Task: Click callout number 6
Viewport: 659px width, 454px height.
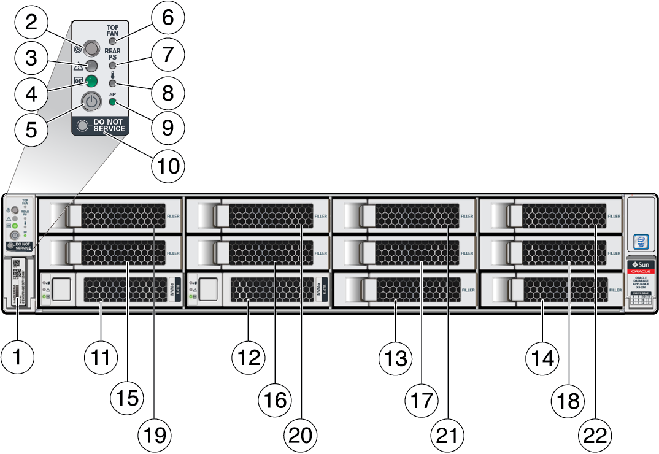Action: click(x=168, y=18)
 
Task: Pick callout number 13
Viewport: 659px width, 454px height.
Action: click(x=395, y=358)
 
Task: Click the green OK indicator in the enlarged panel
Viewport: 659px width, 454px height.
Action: click(x=91, y=82)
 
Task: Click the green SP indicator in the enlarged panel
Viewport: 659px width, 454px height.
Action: click(x=112, y=103)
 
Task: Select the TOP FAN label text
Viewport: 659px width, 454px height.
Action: click(x=113, y=30)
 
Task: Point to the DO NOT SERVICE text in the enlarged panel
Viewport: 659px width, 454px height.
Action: click(x=109, y=126)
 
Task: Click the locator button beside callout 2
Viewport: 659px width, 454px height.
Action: click(x=91, y=47)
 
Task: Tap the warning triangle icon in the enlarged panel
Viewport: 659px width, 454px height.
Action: click(x=78, y=67)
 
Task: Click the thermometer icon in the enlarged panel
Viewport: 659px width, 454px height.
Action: click(x=113, y=74)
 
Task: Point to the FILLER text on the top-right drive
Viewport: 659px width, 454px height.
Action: click(x=614, y=217)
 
